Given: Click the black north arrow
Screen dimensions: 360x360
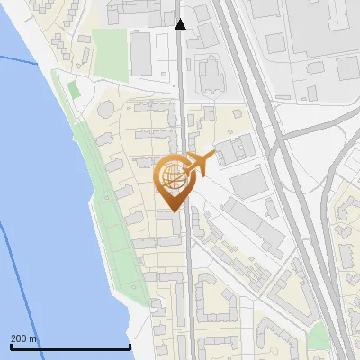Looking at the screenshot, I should [181, 23].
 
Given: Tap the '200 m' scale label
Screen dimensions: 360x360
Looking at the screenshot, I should [24, 338].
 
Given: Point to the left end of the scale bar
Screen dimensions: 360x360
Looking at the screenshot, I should [11, 347].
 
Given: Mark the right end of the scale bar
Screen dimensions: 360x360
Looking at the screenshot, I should [130, 347].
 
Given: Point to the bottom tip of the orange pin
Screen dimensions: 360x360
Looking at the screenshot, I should [172, 211].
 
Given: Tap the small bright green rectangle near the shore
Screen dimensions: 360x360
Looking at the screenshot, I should [72, 89].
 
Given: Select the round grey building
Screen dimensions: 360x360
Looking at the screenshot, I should [106, 109].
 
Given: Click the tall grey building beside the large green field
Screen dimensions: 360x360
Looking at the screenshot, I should [141, 53].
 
